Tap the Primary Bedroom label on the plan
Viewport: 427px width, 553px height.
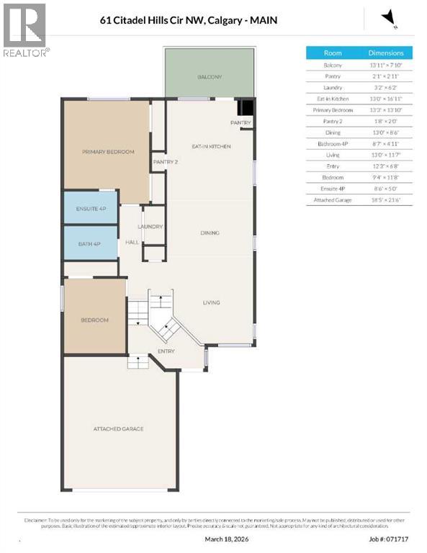coord(108,152)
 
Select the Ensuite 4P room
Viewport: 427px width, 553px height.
coord(91,208)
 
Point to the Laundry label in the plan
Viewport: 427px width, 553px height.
coord(153,226)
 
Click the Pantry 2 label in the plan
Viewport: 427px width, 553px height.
coord(165,162)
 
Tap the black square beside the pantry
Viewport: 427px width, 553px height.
coord(246,108)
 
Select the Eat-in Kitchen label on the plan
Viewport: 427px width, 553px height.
coord(210,146)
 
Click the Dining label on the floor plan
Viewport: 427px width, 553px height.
coord(210,233)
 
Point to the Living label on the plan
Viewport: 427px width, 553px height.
coord(210,302)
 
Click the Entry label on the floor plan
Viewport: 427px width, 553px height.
coord(166,351)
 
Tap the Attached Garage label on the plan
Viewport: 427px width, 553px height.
coord(118,428)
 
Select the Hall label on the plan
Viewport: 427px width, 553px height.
coord(132,242)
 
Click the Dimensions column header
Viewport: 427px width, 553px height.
coord(386,53)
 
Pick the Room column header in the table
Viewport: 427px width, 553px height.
coord(333,53)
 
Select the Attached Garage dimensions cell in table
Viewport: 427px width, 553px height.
coord(386,199)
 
